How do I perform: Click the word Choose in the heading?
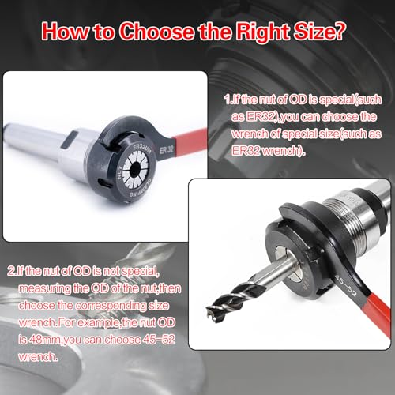pyautogui.click(x=157, y=32)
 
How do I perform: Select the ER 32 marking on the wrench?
pyautogui.click(x=167, y=150)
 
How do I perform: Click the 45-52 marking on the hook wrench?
pyautogui.click(x=346, y=286)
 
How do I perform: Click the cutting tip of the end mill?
pyautogui.click(x=212, y=310)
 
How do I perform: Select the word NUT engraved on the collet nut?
pyautogui.click(x=120, y=173)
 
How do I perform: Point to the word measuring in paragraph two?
pyautogui.click(x=44, y=289)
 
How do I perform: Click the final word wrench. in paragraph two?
pyautogui.click(x=38, y=357)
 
